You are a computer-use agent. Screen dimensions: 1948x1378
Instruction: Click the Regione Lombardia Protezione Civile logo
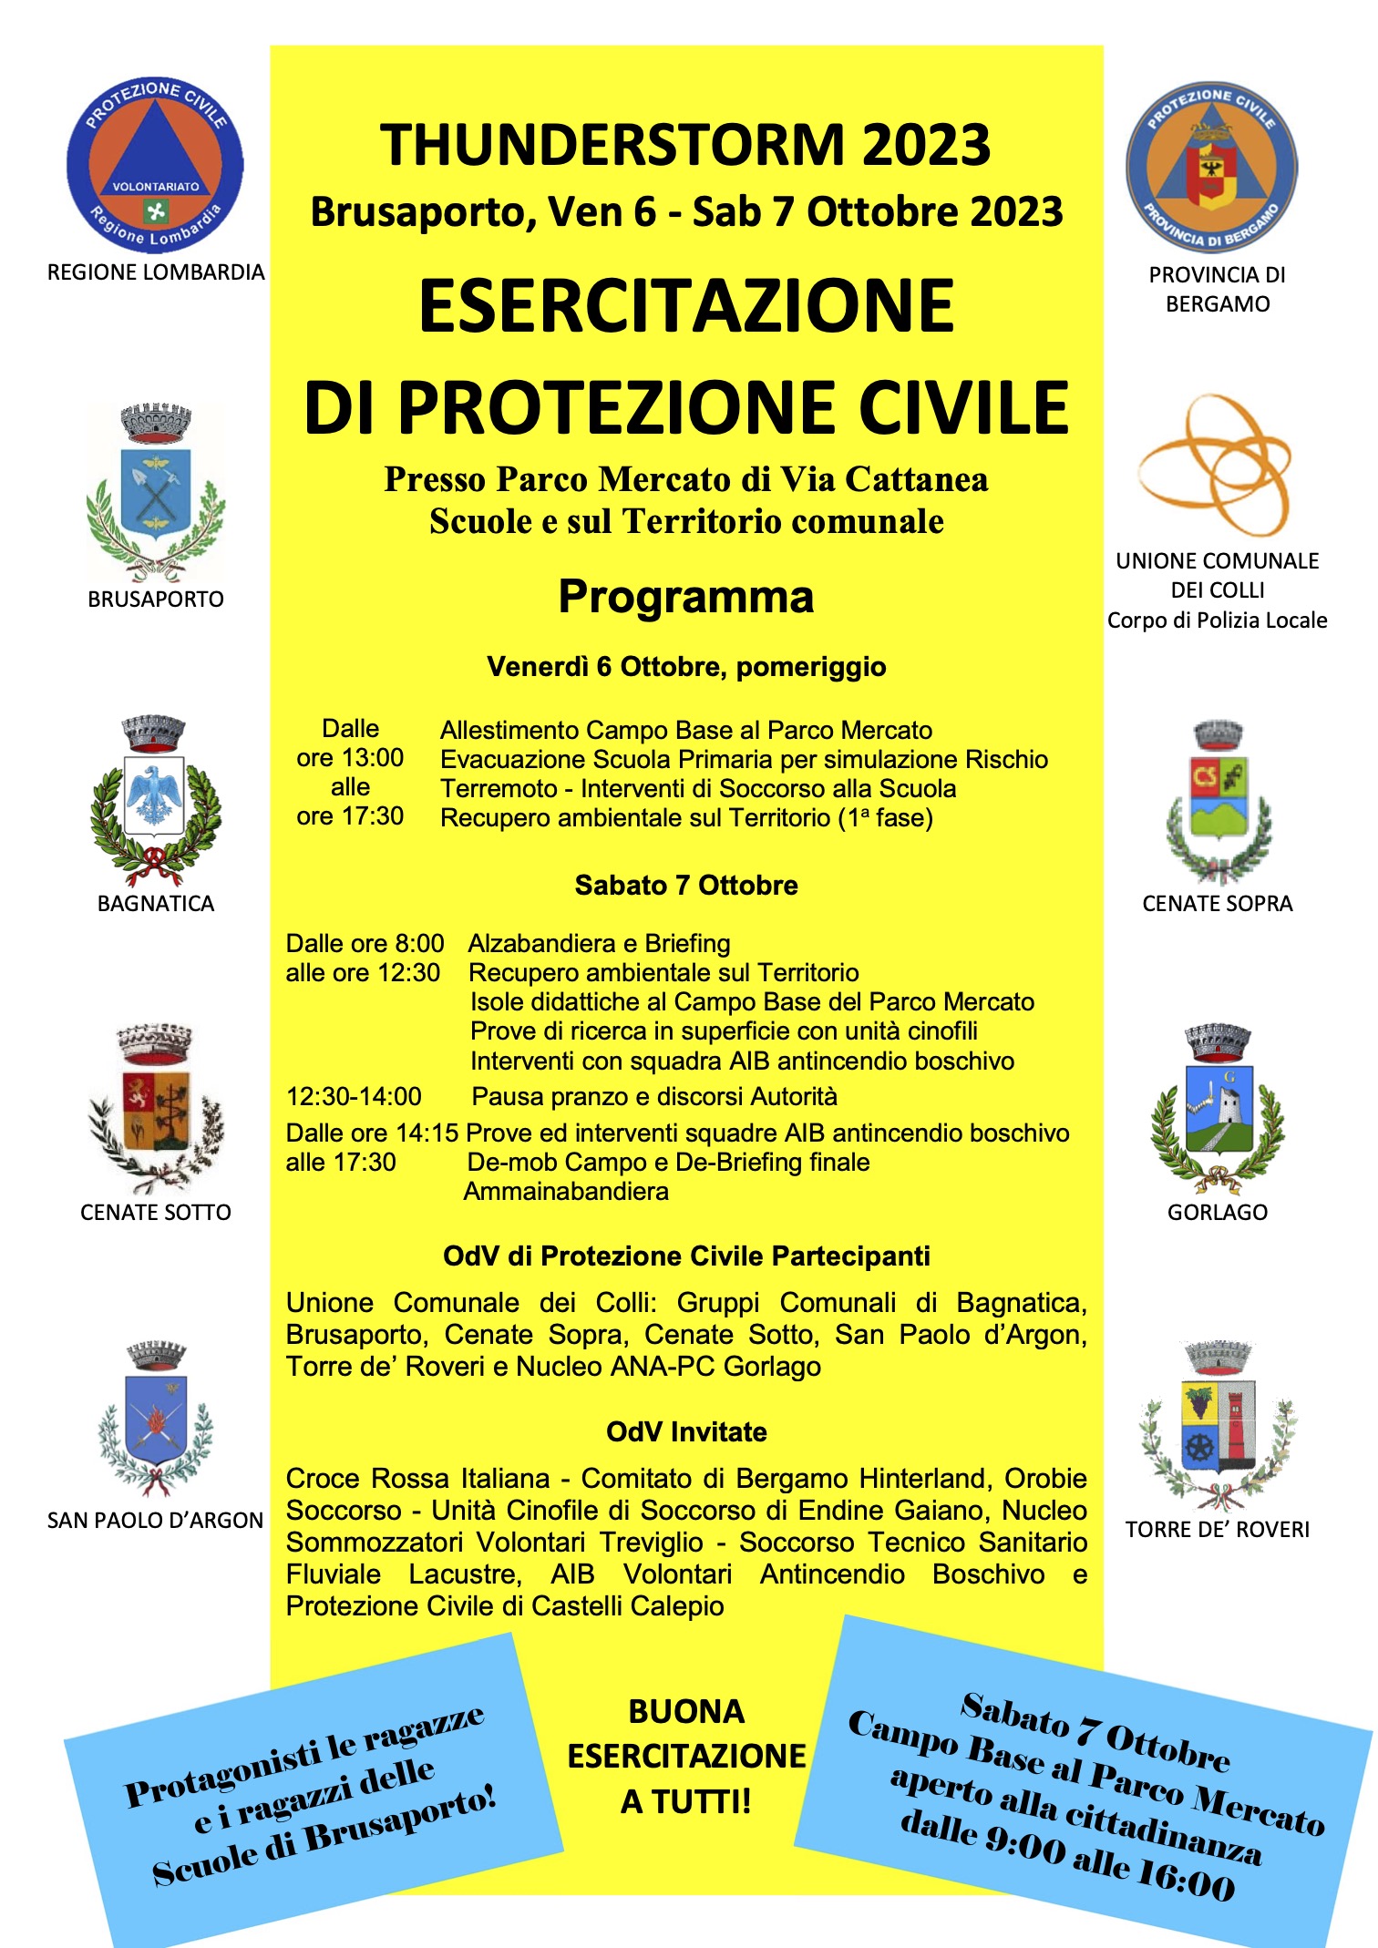155,164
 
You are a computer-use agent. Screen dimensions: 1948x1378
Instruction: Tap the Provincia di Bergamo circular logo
1211,166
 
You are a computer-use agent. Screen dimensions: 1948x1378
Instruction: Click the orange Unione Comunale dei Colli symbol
1216,465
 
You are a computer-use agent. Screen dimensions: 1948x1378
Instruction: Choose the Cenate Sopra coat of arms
1219,802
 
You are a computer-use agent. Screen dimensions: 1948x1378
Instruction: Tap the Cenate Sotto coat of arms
156,1107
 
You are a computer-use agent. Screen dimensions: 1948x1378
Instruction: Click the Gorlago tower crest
1218,1107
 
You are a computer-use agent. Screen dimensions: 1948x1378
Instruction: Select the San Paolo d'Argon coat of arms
155,1417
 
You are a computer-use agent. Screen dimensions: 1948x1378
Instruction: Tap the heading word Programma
685,598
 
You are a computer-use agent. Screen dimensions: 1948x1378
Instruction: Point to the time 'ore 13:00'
350,758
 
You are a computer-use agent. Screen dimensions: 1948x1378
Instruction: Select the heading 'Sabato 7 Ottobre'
686,886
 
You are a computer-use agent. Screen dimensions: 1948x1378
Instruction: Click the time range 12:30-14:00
354,1097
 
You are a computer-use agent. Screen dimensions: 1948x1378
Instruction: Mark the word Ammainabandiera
566,1192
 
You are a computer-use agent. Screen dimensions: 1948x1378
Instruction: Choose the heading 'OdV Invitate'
686,1432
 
